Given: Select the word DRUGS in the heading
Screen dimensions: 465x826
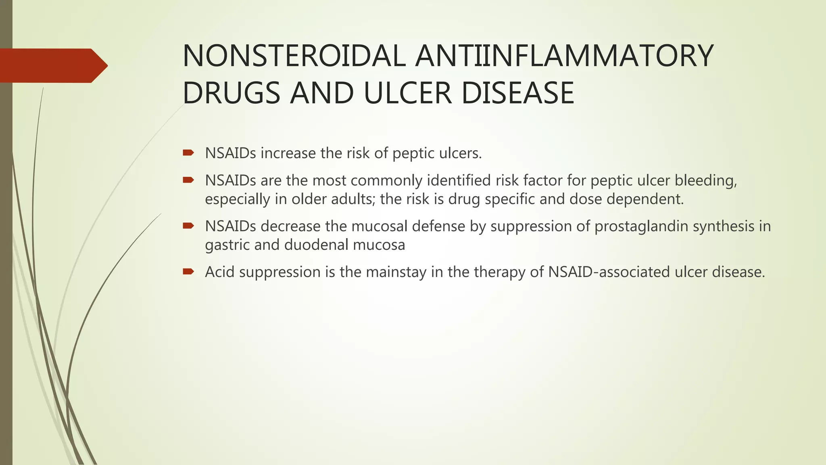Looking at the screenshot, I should (x=232, y=93).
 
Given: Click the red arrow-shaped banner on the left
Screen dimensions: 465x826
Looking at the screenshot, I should (x=52, y=66).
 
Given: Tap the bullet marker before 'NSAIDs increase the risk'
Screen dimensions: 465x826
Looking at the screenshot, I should (x=188, y=153).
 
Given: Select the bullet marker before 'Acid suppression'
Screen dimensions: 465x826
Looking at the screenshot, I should (x=188, y=271).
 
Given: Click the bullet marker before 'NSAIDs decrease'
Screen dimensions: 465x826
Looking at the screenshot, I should (x=188, y=226).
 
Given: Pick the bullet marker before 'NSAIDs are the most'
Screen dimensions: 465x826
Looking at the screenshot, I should (x=188, y=180).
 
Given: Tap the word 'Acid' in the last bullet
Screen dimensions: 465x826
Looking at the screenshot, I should (x=219, y=272).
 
